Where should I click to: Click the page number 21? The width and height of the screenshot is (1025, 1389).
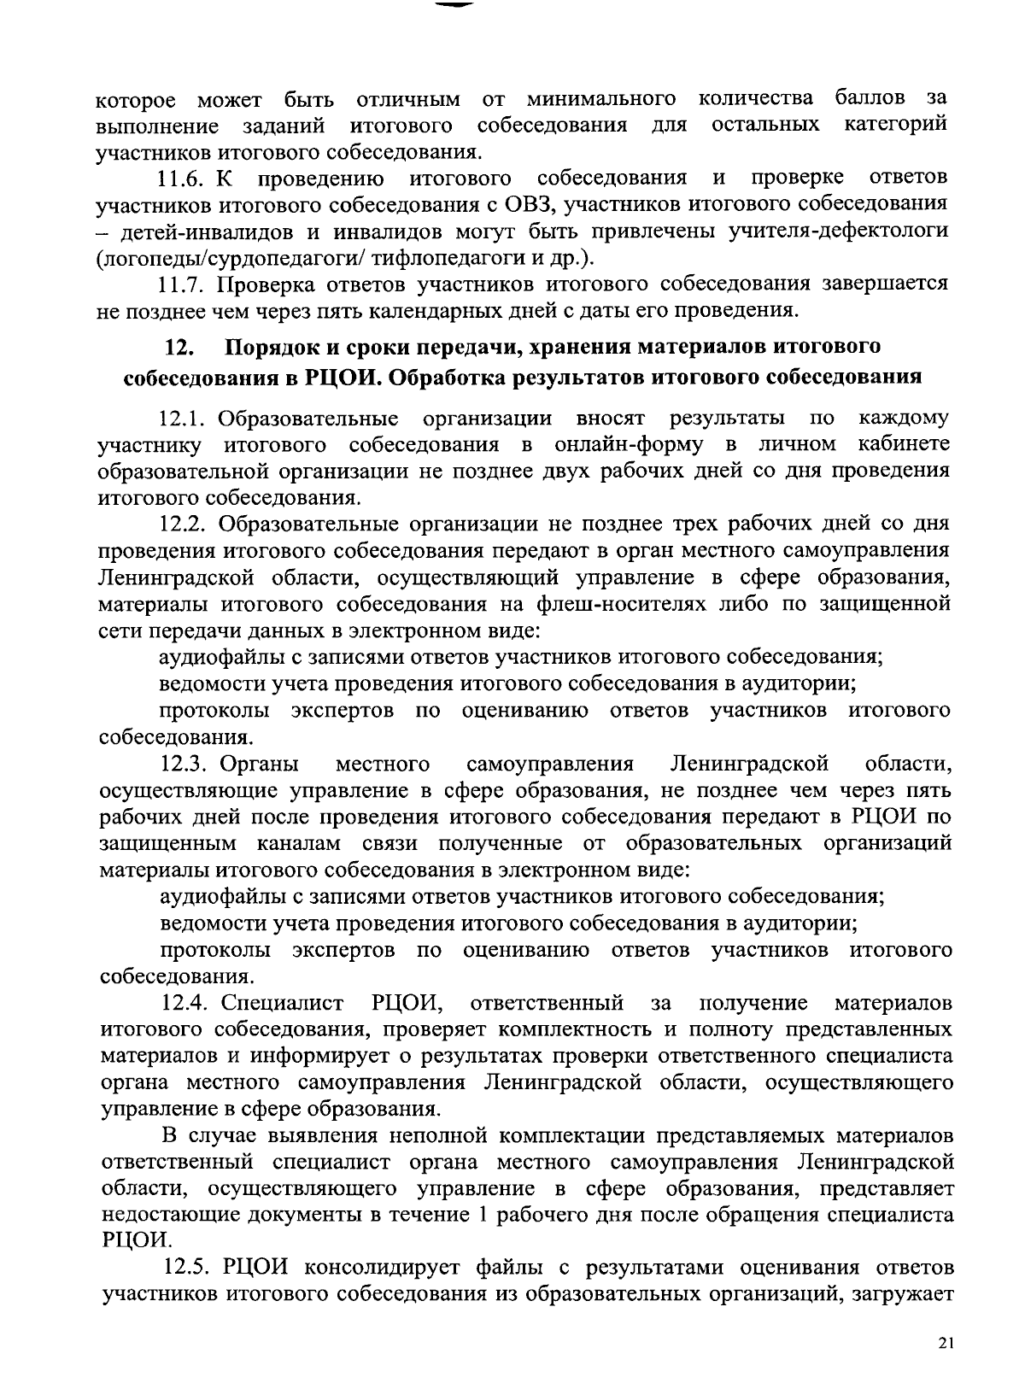pos(944,1344)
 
